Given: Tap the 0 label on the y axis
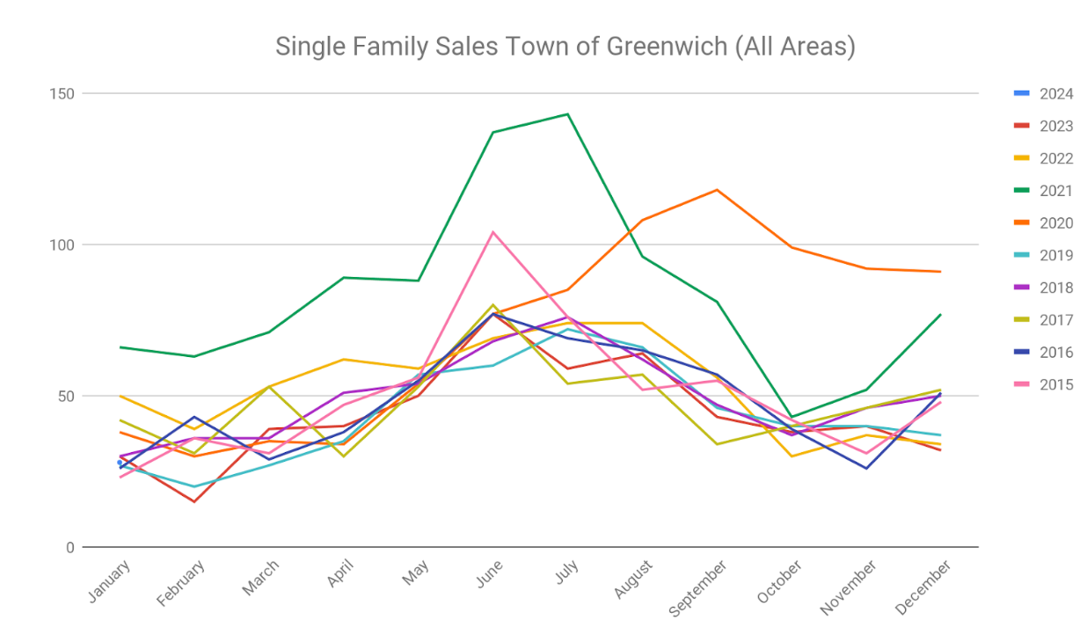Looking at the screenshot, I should [x=71, y=547].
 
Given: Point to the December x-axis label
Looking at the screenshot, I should [x=924, y=587].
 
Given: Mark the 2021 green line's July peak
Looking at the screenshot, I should [x=568, y=114].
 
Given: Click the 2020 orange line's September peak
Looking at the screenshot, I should [x=718, y=190].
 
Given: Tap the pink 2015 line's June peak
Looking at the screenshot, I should [x=493, y=232].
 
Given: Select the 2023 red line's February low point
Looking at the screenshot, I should [x=194, y=501].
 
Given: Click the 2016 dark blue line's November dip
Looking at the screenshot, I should [x=866, y=468].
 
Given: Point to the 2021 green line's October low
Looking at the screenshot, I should [x=792, y=417].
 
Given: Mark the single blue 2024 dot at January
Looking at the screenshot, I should [x=120, y=463].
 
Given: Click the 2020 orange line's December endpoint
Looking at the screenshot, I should [x=941, y=272].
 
